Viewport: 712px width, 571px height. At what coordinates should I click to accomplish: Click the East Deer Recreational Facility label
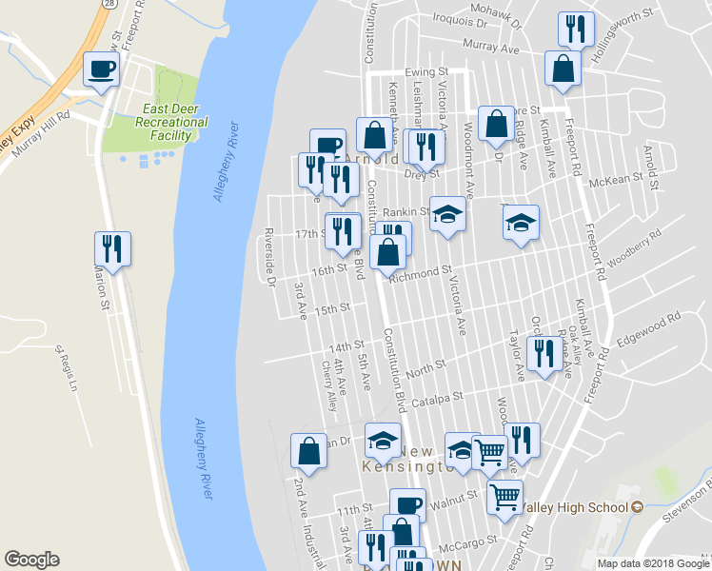(x=170, y=123)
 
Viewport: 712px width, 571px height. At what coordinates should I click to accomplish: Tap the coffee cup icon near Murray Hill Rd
(x=101, y=68)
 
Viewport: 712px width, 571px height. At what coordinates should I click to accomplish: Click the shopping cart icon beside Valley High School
(x=504, y=496)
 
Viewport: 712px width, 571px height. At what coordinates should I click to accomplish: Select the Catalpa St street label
(x=436, y=397)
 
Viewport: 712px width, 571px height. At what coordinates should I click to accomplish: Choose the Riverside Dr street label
(x=270, y=258)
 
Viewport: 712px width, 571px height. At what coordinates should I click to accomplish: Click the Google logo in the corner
(x=31, y=560)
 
